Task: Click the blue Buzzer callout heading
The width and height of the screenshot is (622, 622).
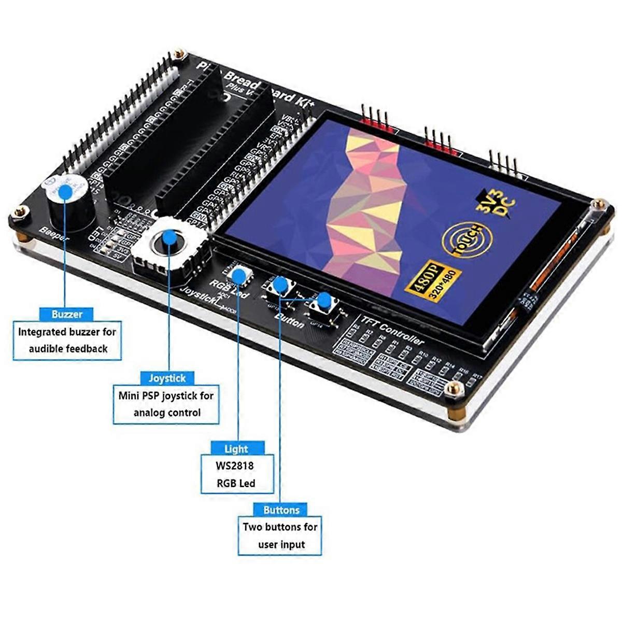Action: [x=67, y=314]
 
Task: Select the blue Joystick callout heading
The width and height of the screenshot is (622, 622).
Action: [x=167, y=378]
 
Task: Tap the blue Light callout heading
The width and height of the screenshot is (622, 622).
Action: [x=236, y=449]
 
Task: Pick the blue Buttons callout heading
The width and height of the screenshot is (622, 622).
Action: [x=281, y=510]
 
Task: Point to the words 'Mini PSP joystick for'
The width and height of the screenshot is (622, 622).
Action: [x=166, y=396]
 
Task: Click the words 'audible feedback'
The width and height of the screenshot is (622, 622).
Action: [x=68, y=349]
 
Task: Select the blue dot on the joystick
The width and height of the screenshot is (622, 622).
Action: [x=168, y=237]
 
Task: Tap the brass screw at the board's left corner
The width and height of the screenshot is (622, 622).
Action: [x=21, y=212]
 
